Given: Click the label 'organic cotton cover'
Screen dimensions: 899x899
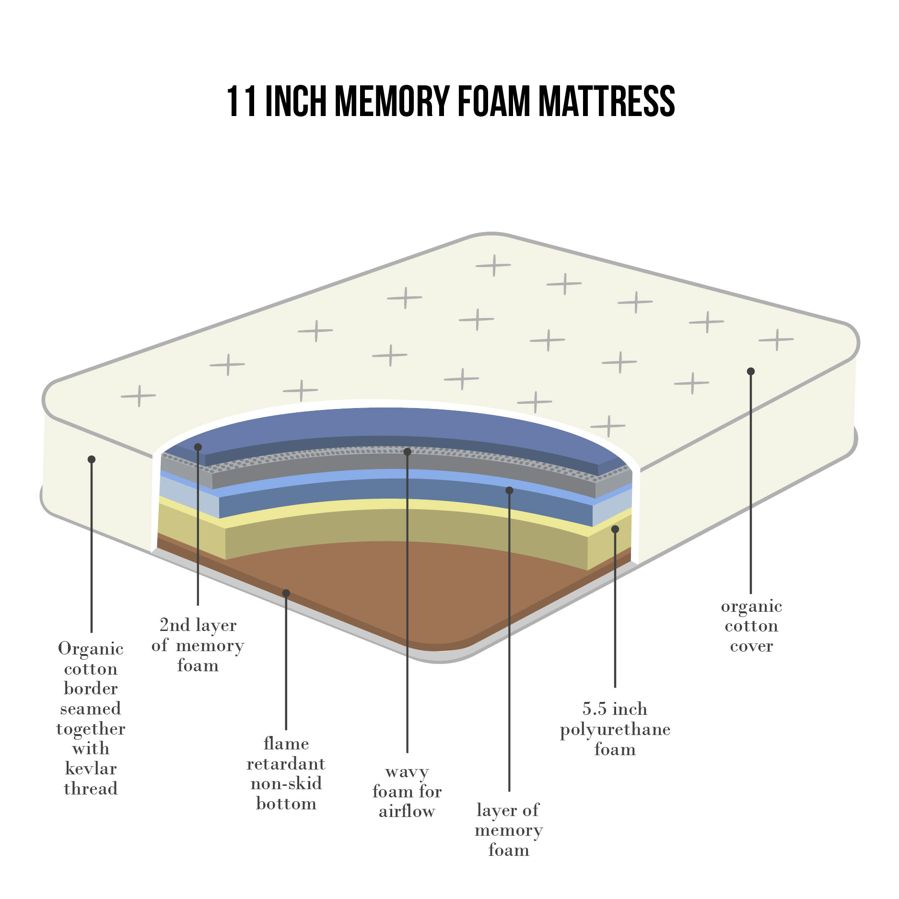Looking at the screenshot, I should (751, 626).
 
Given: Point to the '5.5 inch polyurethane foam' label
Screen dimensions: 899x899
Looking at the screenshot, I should (615, 729).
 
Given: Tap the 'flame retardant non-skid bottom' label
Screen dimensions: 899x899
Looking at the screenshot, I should (286, 773).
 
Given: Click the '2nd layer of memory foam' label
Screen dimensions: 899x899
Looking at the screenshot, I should (198, 645).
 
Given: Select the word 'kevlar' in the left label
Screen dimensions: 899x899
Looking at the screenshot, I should (91, 768).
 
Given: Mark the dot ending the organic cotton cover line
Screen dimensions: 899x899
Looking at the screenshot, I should (751, 371).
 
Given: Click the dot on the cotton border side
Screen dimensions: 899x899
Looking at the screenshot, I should (92, 459).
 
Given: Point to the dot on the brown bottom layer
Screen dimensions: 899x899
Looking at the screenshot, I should (286, 593).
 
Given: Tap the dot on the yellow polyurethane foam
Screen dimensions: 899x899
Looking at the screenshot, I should (615, 529).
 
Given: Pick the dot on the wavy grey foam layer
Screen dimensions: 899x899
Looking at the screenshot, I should (407, 452).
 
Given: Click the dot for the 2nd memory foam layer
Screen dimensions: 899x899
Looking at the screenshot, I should (198, 447).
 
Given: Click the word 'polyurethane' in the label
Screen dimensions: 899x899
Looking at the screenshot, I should (615, 729).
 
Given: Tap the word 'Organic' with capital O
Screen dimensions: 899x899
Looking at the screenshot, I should (91, 648).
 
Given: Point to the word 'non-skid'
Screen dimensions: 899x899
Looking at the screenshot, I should (286, 783).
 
